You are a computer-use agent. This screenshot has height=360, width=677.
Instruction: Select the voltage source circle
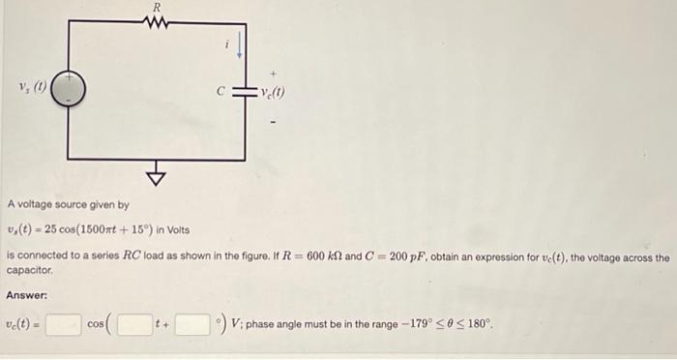(x=69, y=91)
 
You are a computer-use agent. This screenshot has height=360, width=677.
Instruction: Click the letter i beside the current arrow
(x=226, y=44)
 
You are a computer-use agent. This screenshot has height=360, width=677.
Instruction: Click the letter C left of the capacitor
(x=221, y=93)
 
